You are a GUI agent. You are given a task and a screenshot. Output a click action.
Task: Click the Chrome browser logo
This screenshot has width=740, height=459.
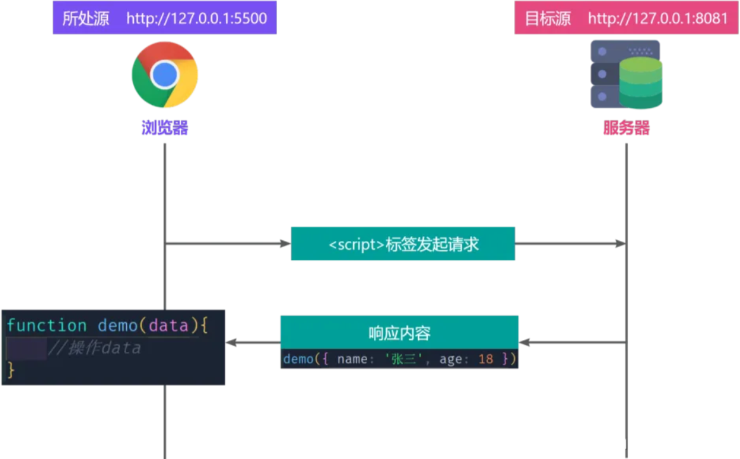pyautogui.click(x=165, y=75)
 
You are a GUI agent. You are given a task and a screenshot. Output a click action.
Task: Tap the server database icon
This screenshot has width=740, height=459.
pyautogui.click(x=626, y=75)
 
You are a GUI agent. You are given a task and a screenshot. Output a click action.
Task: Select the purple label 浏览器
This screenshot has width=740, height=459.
pyautogui.click(x=165, y=129)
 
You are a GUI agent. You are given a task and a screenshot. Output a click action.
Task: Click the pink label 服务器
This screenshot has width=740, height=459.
pyautogui.click(x=626, y=129)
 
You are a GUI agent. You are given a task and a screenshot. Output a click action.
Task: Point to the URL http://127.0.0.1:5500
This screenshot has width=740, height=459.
pyautogui.click(x=196, y=18)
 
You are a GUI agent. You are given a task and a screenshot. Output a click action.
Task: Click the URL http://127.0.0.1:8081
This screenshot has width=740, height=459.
pyautogui.click(x=658, y=18)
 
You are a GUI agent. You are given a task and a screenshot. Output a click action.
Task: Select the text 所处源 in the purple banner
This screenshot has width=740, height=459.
pyautogui.click(x=86, y=18)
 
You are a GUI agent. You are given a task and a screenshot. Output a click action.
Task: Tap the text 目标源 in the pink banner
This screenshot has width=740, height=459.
pyautogui.click(x=548, y=18)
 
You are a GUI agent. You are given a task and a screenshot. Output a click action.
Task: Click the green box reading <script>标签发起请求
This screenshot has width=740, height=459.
pyautogui.click(x=403, y=244)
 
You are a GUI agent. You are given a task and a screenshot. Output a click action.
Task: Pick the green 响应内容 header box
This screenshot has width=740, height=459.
pyautogui.click(x=399, y=333)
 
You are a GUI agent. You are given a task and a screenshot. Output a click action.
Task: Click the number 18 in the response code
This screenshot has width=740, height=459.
pyautogui.click(x=486, y=359)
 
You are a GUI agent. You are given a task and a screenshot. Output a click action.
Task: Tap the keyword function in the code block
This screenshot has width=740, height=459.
pyautogui.click(x=46, y=326)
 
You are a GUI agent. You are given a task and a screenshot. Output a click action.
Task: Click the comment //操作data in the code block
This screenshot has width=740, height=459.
pyautogui.click(x=94, y=348)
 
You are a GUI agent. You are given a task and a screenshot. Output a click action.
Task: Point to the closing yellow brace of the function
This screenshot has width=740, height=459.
pyautogui.click(x=11, y=371)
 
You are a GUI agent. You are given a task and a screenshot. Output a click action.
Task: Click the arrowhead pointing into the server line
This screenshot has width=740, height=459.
pyautogui.click(x=621, y=244)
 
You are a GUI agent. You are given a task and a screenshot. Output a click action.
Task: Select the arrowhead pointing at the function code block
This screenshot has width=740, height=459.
pyautogui.click(x=231, y=343)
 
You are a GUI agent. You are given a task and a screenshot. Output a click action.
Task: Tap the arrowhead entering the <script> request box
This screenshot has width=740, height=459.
pyautogui.click(x=285, y=244)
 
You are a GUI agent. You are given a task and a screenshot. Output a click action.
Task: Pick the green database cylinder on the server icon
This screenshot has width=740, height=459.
pyautogui.click(x=640, y=82)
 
